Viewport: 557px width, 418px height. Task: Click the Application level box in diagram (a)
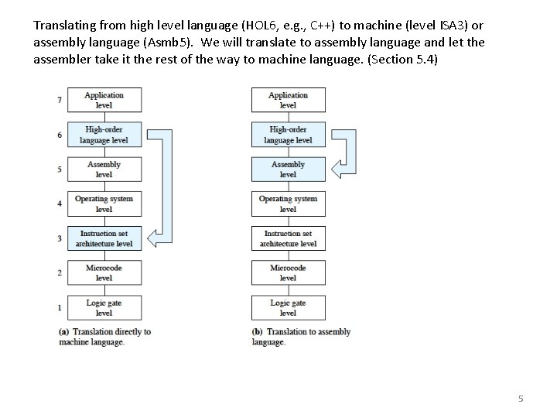(104, 101)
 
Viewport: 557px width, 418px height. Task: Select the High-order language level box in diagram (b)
(288, 135)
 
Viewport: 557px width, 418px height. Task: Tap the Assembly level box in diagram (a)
(104, 170)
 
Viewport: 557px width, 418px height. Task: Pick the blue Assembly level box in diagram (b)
(288, 170)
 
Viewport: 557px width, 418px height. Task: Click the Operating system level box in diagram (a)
(104, 204)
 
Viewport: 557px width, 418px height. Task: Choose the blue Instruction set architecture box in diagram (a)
(104, 238)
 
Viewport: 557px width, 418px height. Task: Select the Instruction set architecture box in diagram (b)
(288, 238)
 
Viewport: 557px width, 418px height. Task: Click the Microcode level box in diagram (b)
(288, 272)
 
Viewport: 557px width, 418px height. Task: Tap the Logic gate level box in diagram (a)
(104, 307)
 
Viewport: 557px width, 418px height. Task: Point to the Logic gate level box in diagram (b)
(288, 307)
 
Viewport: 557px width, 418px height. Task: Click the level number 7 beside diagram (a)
(59, 101)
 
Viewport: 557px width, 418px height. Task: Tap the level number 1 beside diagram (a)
(59, 308)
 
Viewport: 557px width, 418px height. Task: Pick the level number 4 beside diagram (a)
(59, 204)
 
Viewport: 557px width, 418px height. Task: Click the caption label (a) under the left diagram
(64, 332)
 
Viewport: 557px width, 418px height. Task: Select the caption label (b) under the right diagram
(258, 332)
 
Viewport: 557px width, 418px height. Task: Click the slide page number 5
(521, 399)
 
